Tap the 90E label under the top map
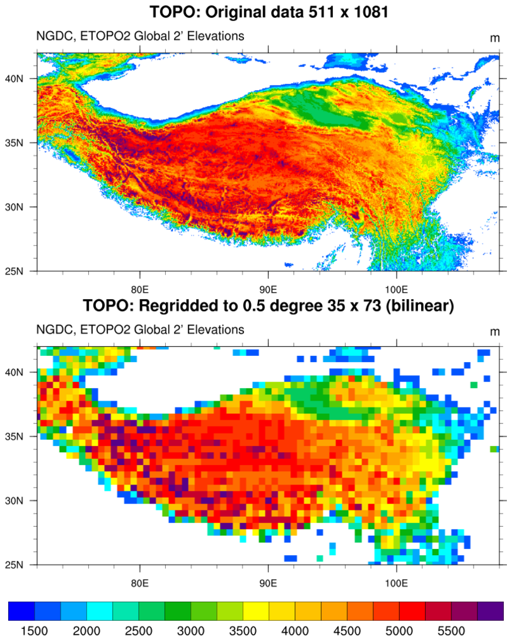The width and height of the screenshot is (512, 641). tap(268, 282)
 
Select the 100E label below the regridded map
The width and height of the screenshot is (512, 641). tap(396, 575)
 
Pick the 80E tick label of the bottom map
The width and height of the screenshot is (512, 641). tap(139, 575)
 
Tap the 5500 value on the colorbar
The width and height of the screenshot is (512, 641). tap(451, 631)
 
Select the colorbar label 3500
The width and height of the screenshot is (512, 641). tap(243, 631)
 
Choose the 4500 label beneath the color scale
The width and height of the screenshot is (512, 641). tap(347, 631)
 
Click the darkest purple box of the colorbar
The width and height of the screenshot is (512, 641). tap(491, 611)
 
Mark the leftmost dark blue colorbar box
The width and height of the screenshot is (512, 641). tap(21, 611)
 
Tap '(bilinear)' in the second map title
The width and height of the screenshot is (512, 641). tap(414, 307)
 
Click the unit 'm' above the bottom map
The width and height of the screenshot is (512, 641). tap(494, 331)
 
